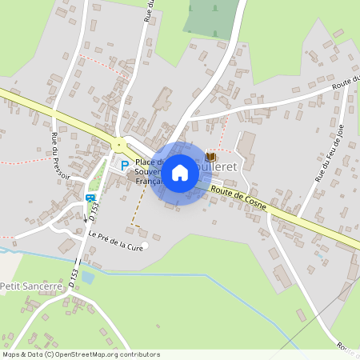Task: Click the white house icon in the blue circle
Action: [180, 173]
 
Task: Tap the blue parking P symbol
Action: [124, 165]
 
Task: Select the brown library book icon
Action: [210, 157]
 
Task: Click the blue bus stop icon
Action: [90, 198]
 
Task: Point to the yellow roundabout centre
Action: [119, 146]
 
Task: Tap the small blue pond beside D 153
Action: [87, 278]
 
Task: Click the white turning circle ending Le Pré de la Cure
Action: [144, 245]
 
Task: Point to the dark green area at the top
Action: [212, 16]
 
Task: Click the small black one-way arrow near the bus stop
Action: [86, 217]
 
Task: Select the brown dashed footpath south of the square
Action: [134, 210]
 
